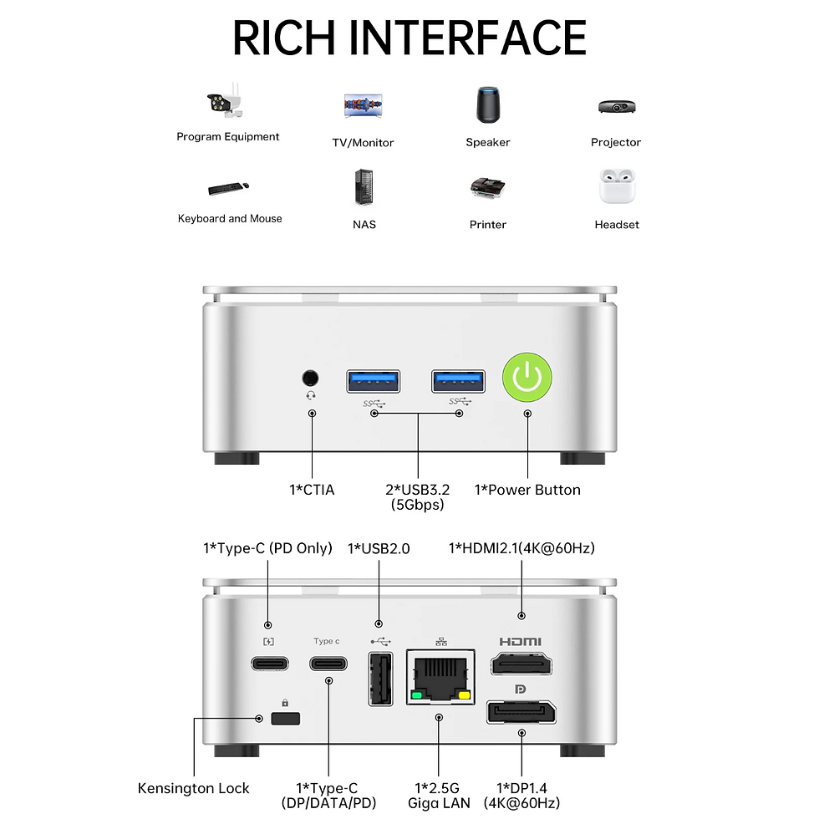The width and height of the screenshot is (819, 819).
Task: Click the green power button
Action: pyautogui.click(x=527, y=377)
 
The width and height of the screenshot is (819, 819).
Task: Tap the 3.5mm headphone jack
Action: pyautogui.click(x=310, y=378)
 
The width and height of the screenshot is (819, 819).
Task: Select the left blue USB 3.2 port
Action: pyautogui.click(x=374, y=381)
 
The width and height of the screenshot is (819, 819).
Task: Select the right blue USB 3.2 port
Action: pyautogui.click(x=458, y=381)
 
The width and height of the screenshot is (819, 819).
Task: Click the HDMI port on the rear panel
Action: pyautogui.click(x=521, y=664)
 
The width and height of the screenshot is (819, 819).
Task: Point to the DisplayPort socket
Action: pyautogui.click(x=521, y=712)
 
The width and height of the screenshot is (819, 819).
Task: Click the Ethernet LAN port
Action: pyautogui.click(x=440, y=677)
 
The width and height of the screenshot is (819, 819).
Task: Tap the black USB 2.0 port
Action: pyautogui.click(x=381, y=679)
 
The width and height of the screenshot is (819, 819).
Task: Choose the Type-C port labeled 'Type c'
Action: pyautogui.click(x=328, y=664)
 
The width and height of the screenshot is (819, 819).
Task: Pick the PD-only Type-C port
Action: pyautogui.click(x=269, y=664)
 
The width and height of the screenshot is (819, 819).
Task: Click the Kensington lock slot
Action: pyautogui.click(x=285, y=718)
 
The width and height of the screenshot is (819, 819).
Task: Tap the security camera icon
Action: pyautogui.click(x=225, y=100)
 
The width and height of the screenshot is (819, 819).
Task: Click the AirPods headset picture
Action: pyautogui.click(x=617, y=186)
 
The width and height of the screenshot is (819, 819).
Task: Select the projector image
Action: pyautogui.click(x=617, y=106)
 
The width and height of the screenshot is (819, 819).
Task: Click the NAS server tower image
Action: pyautogui.click(x=364, y=187)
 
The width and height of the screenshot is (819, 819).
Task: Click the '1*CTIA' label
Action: pyautogui.click(x=312, y=490)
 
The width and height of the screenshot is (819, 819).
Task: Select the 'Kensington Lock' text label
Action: pyautogui.click(x=193, y=788)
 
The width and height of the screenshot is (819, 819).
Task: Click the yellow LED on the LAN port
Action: pyautogui.click(x=464, y=695)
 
